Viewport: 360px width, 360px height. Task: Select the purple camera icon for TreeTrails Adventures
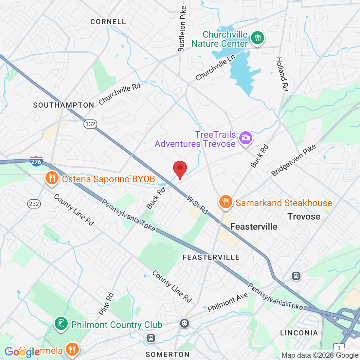(245, 138)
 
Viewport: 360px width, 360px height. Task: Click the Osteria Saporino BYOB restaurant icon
(52, 178)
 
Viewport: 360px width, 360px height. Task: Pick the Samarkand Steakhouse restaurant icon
(225, 202)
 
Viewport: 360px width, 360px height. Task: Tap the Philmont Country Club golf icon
(61, 324)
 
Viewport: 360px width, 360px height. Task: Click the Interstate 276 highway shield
(36, 161)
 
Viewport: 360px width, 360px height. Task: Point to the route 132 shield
(90, 124)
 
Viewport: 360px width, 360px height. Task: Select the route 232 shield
(34, 204)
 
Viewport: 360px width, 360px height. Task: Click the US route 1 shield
(339, 348)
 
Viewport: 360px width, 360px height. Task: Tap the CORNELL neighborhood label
(108, 22)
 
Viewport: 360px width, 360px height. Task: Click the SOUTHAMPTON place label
(63, 105)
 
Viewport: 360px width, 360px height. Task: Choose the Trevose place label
(304, 216)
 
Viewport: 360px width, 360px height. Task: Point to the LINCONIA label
(299, 333)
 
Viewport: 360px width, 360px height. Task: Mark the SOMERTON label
(168, 354)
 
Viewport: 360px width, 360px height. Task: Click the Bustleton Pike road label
(182, 29)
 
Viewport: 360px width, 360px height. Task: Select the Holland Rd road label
(282, 74)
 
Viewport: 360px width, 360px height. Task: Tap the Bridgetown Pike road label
(294, 160)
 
